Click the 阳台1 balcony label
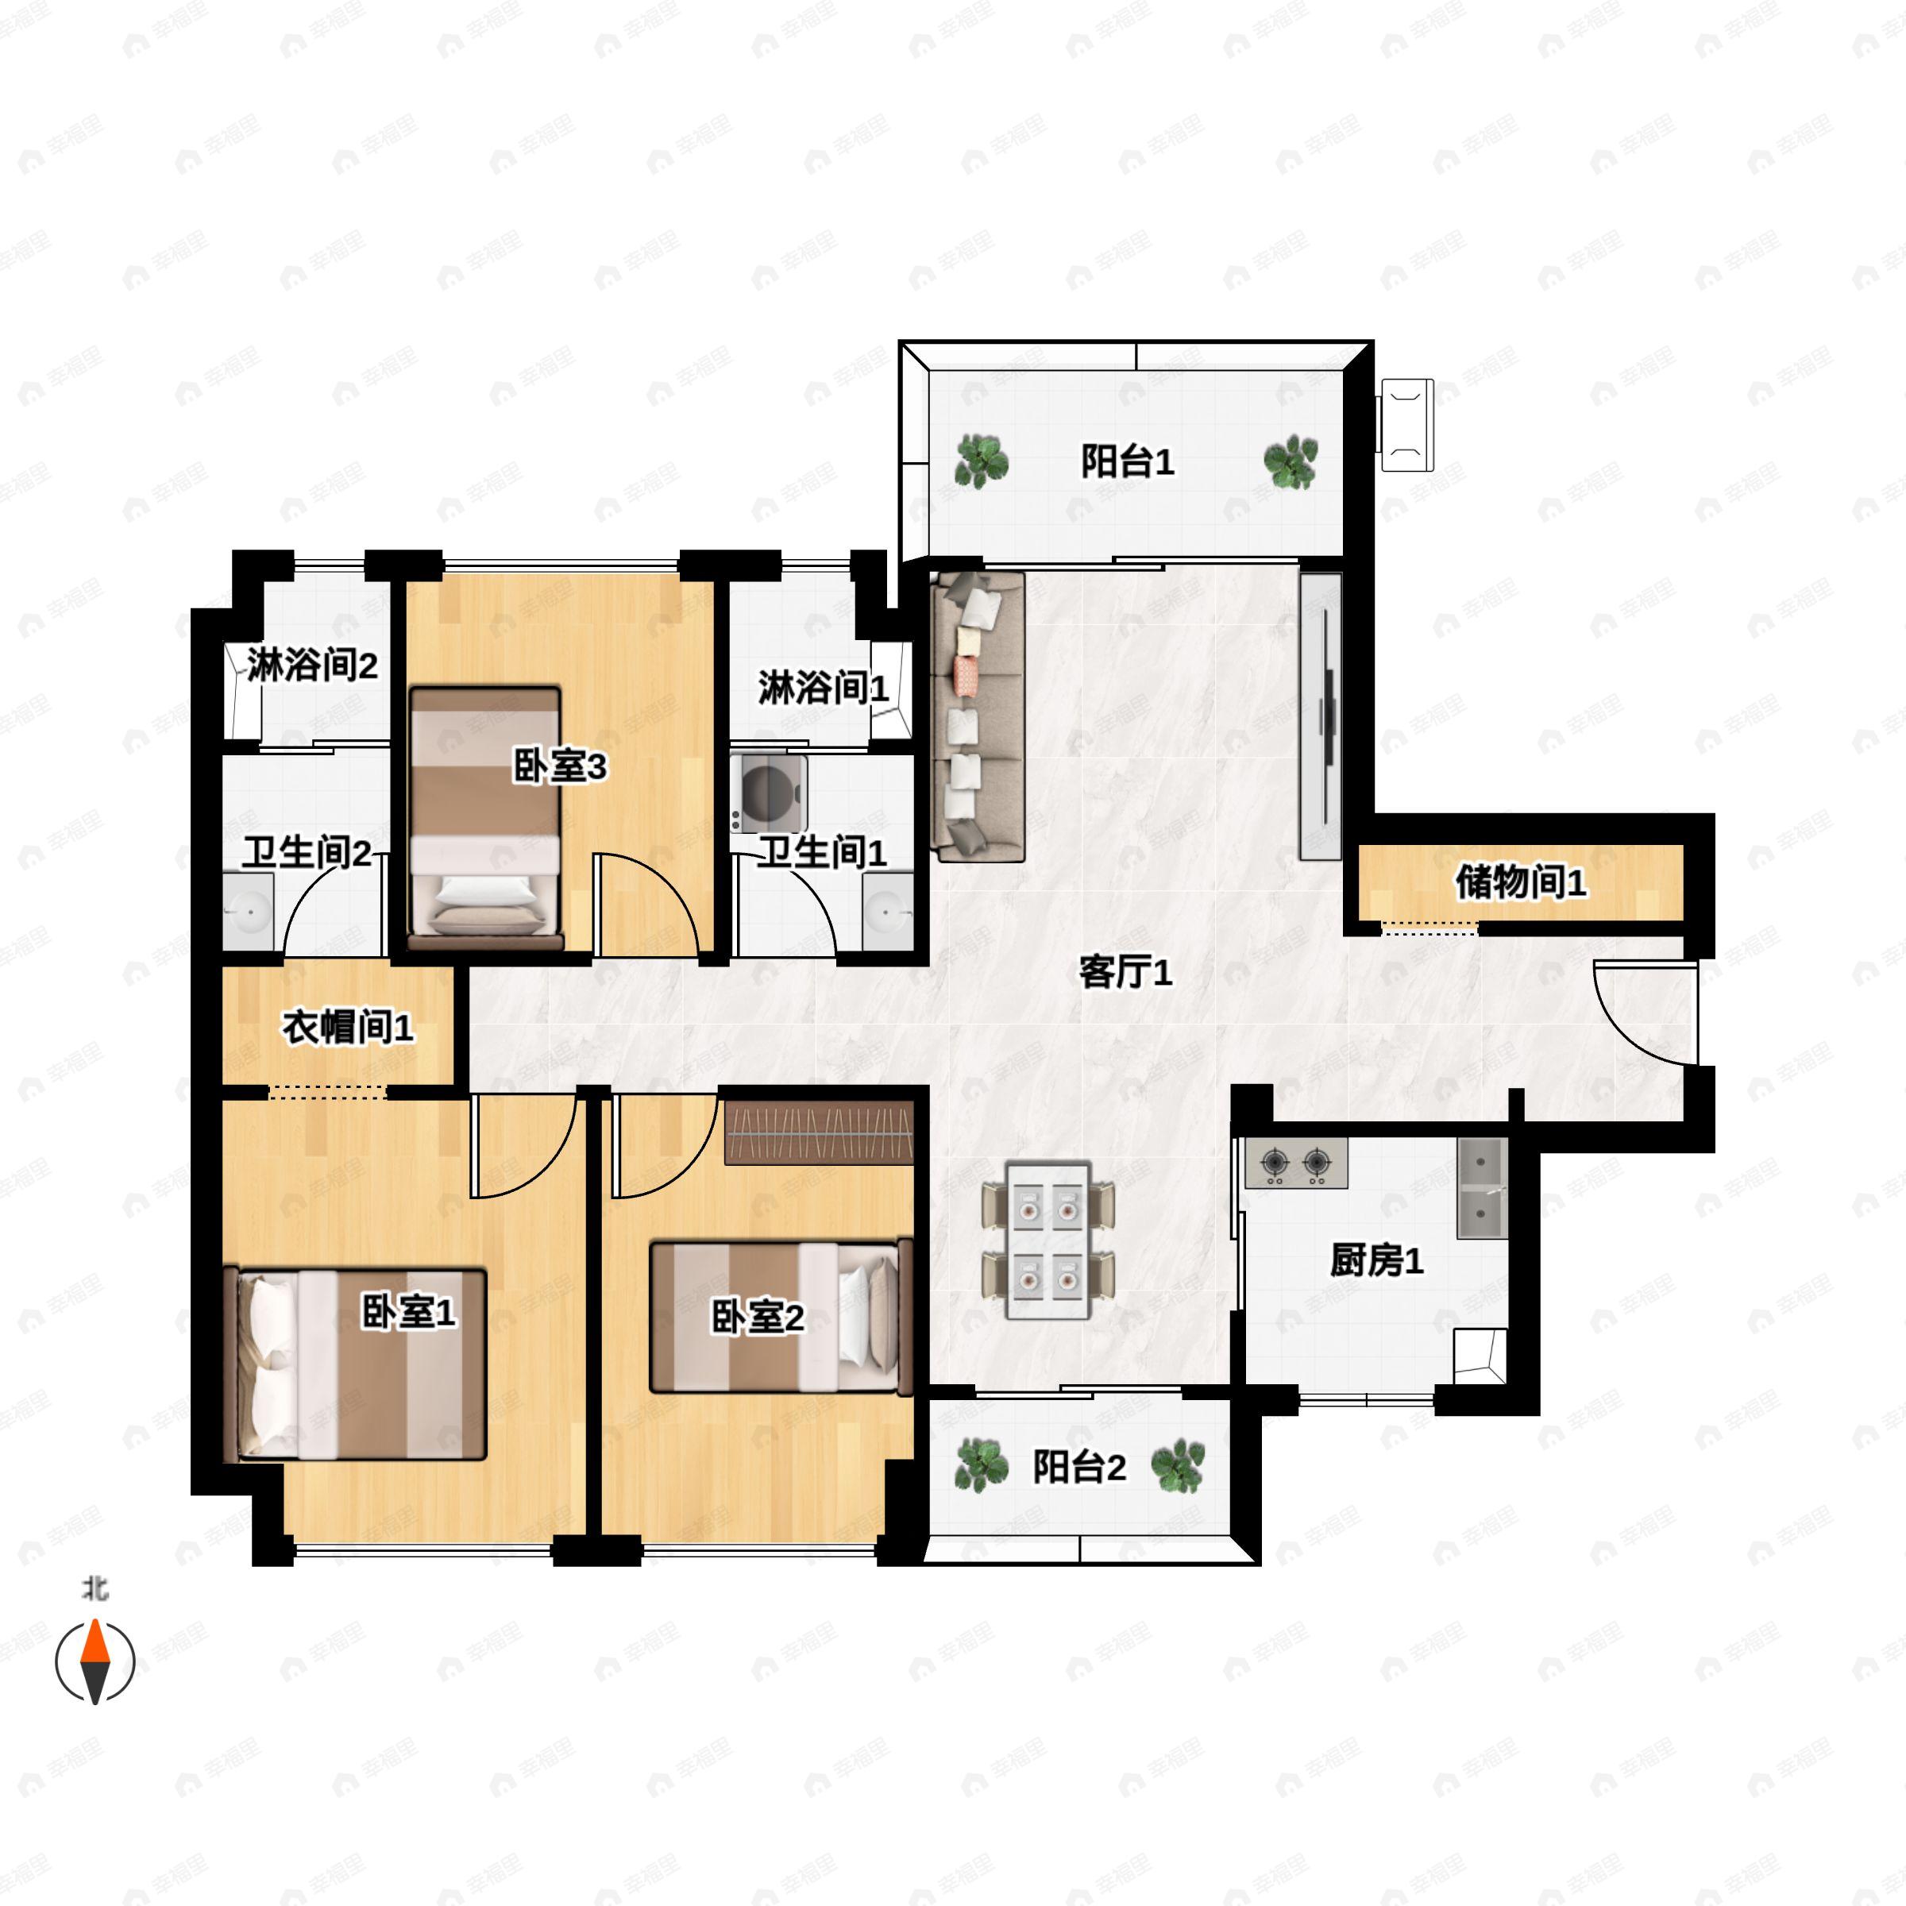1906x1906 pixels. (x=1128, y=461)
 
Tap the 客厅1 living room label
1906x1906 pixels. (x=1125, y=973)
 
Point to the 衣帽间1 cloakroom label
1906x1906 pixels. (x=349, y=1027)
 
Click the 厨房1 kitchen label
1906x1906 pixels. (x=1377, y=1261)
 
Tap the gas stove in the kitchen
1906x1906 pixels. (x=1296, y=1164)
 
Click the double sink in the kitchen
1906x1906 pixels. (x=1482, y=1189)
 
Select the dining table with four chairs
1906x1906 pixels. (x=1048, y=1240)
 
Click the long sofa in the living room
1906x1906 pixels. (x=978, y=717)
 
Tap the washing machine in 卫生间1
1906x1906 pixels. (x=770, y=793)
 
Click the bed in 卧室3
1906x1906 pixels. (x=485, y=818)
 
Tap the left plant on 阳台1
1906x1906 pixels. (x=981, y=461)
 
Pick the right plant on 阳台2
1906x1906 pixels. (x=1178, y=1467)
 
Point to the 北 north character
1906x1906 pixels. (x=95, y=1589)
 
